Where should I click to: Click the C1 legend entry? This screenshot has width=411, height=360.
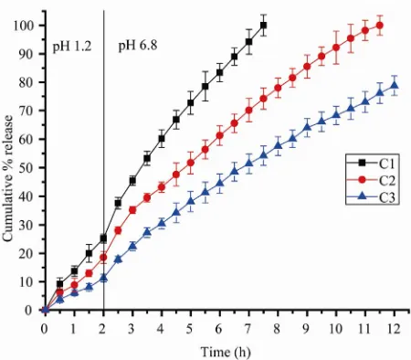tap(372, 164)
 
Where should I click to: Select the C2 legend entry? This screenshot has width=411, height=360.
tap(372, 180)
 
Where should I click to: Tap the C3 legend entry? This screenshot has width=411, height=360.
tap(372, 197)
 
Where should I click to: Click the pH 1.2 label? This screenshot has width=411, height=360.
tap(72, 47)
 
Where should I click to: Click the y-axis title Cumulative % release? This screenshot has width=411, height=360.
tap(7, 178)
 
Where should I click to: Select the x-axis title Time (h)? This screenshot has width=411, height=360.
tap(226, 352)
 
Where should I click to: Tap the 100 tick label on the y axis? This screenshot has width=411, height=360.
tap(23, 26)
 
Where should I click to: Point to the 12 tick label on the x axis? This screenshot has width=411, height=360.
tap(394, 328)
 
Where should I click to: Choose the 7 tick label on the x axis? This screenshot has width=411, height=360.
tap(248, 328)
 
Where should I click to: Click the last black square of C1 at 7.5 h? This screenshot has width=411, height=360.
tap(263, 26)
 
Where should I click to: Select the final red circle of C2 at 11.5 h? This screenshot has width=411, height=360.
tap(380, 26)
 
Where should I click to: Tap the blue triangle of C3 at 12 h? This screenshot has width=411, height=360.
tap(395, 85)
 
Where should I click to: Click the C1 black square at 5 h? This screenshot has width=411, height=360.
tap(191, 102)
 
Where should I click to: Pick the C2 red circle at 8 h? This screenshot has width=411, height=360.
tap(278, 88)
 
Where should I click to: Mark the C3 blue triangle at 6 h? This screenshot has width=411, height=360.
tap(219, 184)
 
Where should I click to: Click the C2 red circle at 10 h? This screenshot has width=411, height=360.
tap(336, 48)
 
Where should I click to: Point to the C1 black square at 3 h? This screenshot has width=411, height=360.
tap(132, 181)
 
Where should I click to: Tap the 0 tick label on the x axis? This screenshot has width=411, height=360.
tap(45, 328)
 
